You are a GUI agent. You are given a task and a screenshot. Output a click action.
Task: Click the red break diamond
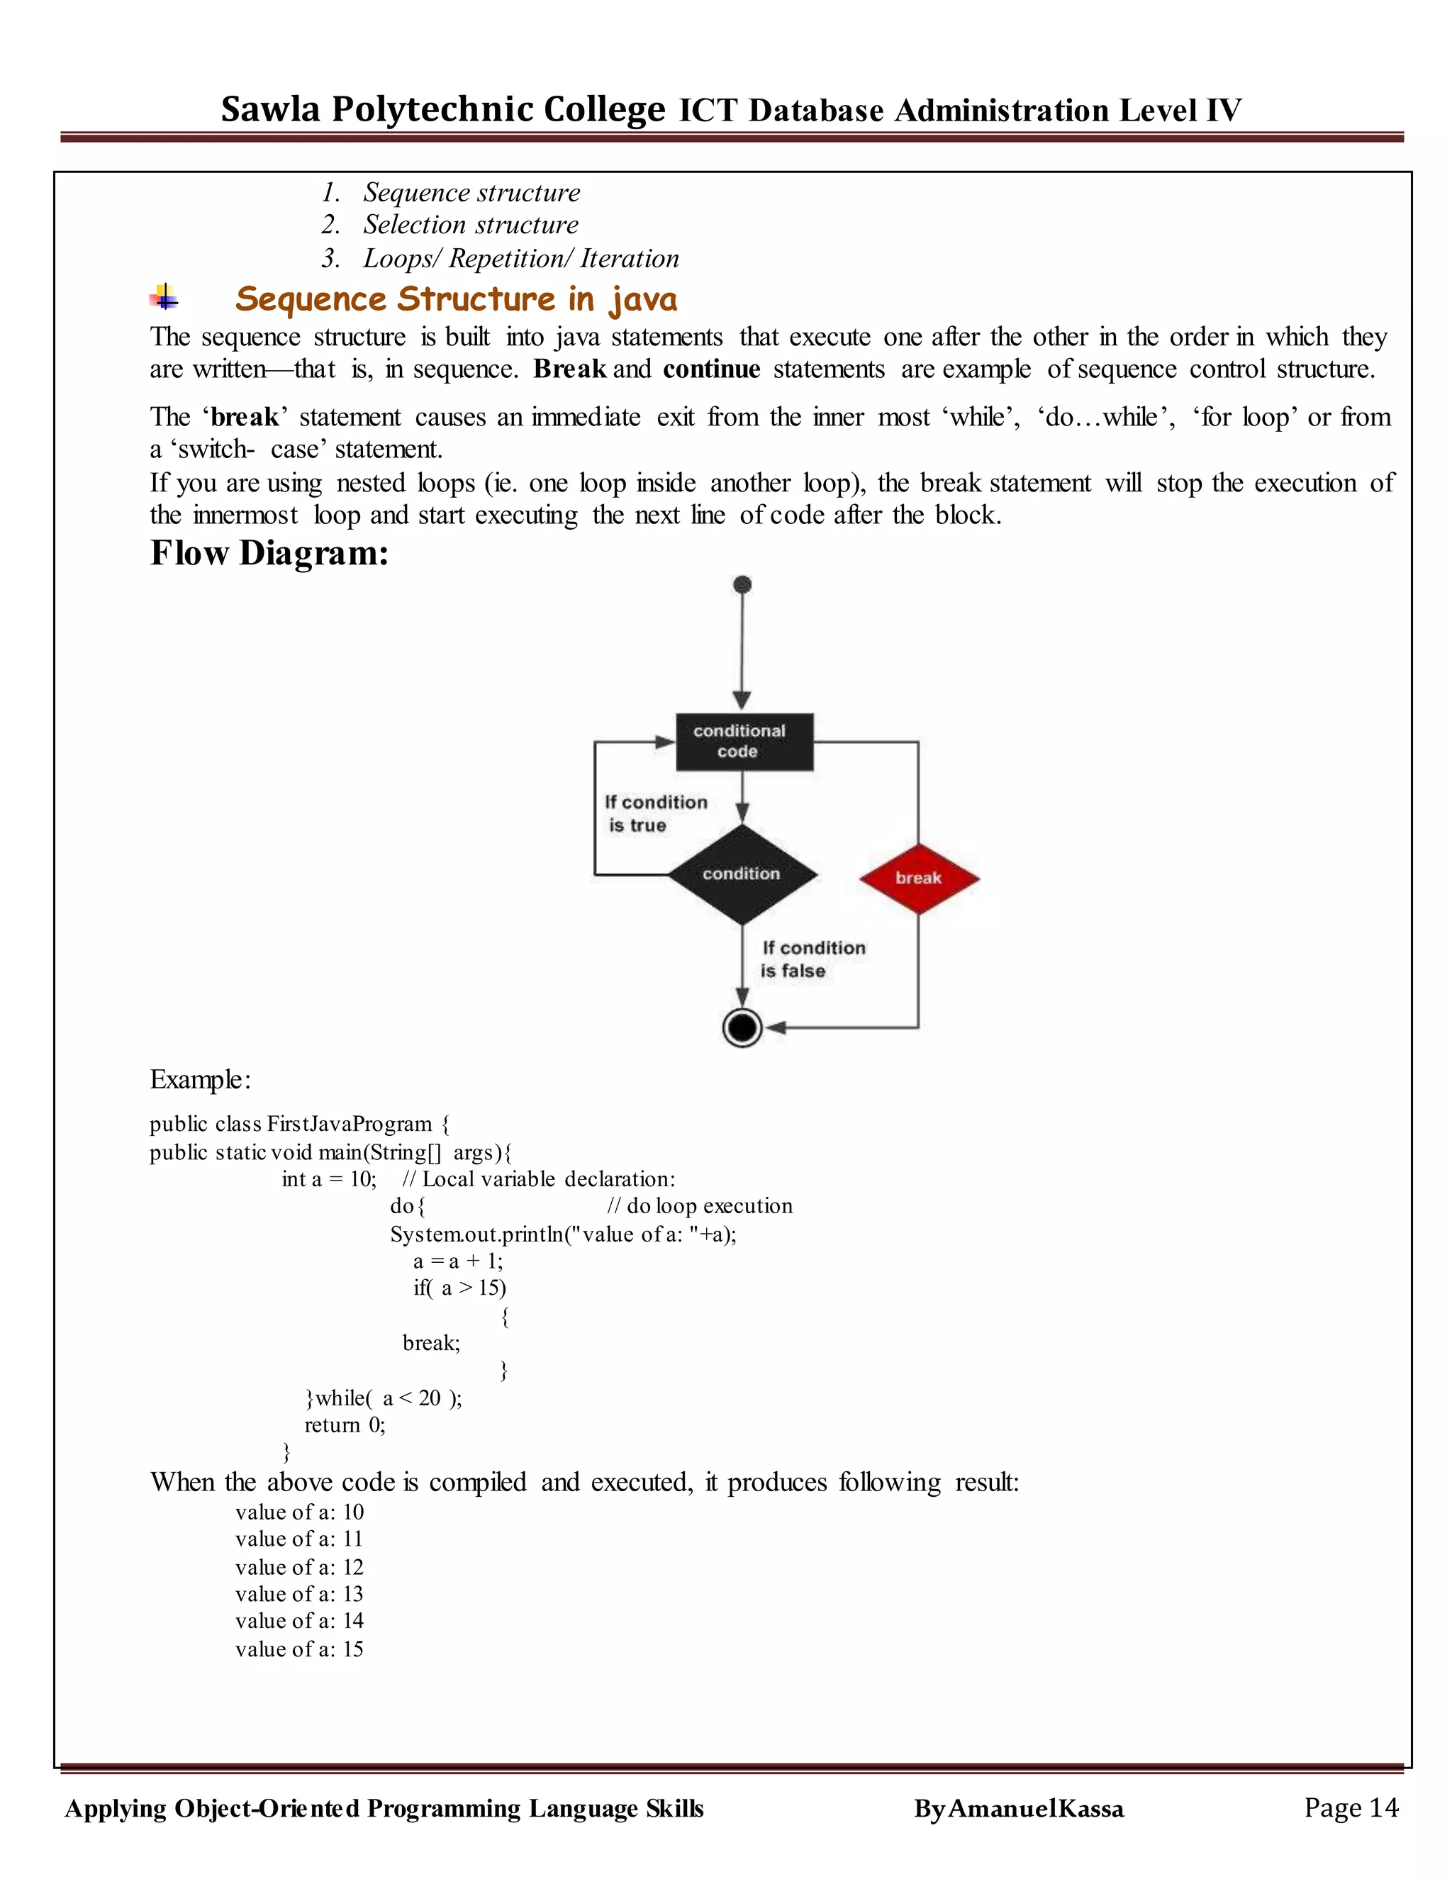[x=919, y=878]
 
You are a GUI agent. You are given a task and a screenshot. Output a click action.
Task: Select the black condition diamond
[x=742, y=874]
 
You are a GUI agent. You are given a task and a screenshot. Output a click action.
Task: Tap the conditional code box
[x=743, y=741]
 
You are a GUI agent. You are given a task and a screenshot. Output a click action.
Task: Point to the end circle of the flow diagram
[x=742, y=1027]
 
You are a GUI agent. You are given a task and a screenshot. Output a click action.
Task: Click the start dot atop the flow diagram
[x=742, y=585]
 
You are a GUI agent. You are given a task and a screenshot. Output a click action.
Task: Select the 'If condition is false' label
[x=813, y=959]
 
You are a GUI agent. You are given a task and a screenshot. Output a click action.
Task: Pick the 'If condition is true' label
[x=656, y=813]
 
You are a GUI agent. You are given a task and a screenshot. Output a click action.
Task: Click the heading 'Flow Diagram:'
[x=269, y=553]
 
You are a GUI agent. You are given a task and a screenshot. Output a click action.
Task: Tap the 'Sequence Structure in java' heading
[x=456, y=299]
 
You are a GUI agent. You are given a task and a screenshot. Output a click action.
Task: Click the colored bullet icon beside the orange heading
[x=164, y=299]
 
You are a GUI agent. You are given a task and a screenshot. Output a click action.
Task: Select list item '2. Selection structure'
[x=450, y=225]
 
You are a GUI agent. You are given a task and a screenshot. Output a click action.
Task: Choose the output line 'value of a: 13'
[x=299, y=1593]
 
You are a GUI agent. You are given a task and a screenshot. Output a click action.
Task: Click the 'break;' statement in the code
[x=431, y=1342]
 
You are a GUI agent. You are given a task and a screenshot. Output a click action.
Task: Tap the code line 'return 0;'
[x=345, y=1424]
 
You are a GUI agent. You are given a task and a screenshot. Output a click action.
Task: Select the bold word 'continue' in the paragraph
[x=711, y=369]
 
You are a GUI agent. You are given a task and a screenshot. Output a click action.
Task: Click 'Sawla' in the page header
[x=270, y=110]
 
